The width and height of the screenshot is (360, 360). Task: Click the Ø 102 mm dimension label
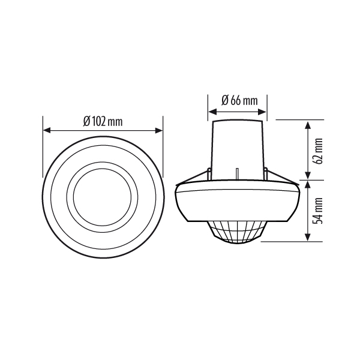click(x=103, y=121)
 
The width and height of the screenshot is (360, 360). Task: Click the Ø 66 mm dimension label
click(x=239, y=101)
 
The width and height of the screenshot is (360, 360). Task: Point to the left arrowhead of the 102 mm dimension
click(x=47, y=131)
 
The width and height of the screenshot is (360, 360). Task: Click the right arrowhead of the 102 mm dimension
click(x=159, y=131)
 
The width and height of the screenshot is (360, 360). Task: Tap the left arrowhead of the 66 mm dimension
click(x=212, y=112)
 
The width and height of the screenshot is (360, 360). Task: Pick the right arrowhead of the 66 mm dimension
click(x=262, y=112)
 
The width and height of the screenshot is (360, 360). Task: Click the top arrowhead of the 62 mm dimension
click(x=307, y=125)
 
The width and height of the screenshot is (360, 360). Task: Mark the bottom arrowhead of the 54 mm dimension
click(x=307, y=237)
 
